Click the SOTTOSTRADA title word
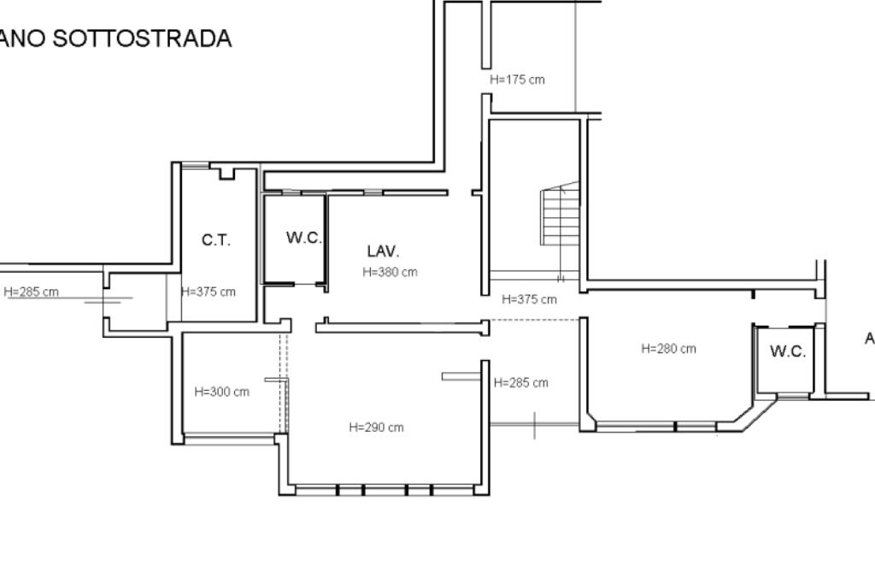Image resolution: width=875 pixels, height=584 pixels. [x=142, y=38]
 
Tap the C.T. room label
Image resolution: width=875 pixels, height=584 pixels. [x=216, y=240]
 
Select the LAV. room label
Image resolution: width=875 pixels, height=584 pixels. [x=384, y=251]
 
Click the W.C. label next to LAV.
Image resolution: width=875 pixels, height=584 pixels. [x=304, y=238]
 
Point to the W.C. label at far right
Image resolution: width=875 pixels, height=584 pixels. [x=788, y=351]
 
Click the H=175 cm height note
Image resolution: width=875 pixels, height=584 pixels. [x=517, y=80]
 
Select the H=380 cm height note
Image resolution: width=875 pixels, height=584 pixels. [x=390, y=272]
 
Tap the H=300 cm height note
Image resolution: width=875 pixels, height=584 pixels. [x=222, y=392]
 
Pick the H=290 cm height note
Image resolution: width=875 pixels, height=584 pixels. [x=376, y=428]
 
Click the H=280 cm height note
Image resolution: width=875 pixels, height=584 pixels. [x=668, y=349]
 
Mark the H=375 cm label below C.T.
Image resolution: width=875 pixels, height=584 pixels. [x=208, y=292]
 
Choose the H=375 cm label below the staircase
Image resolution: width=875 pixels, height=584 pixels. [x=529, y=299]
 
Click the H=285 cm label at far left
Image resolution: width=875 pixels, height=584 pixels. [x=32, y=292]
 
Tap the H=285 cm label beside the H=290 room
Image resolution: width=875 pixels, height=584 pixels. [x=521, y=382]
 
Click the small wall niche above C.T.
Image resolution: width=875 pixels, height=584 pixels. [x=226, y=173]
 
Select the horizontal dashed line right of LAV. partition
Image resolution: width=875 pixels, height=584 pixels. [x=535, y=320]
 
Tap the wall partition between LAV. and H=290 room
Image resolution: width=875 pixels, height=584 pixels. [x=402, y=327]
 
